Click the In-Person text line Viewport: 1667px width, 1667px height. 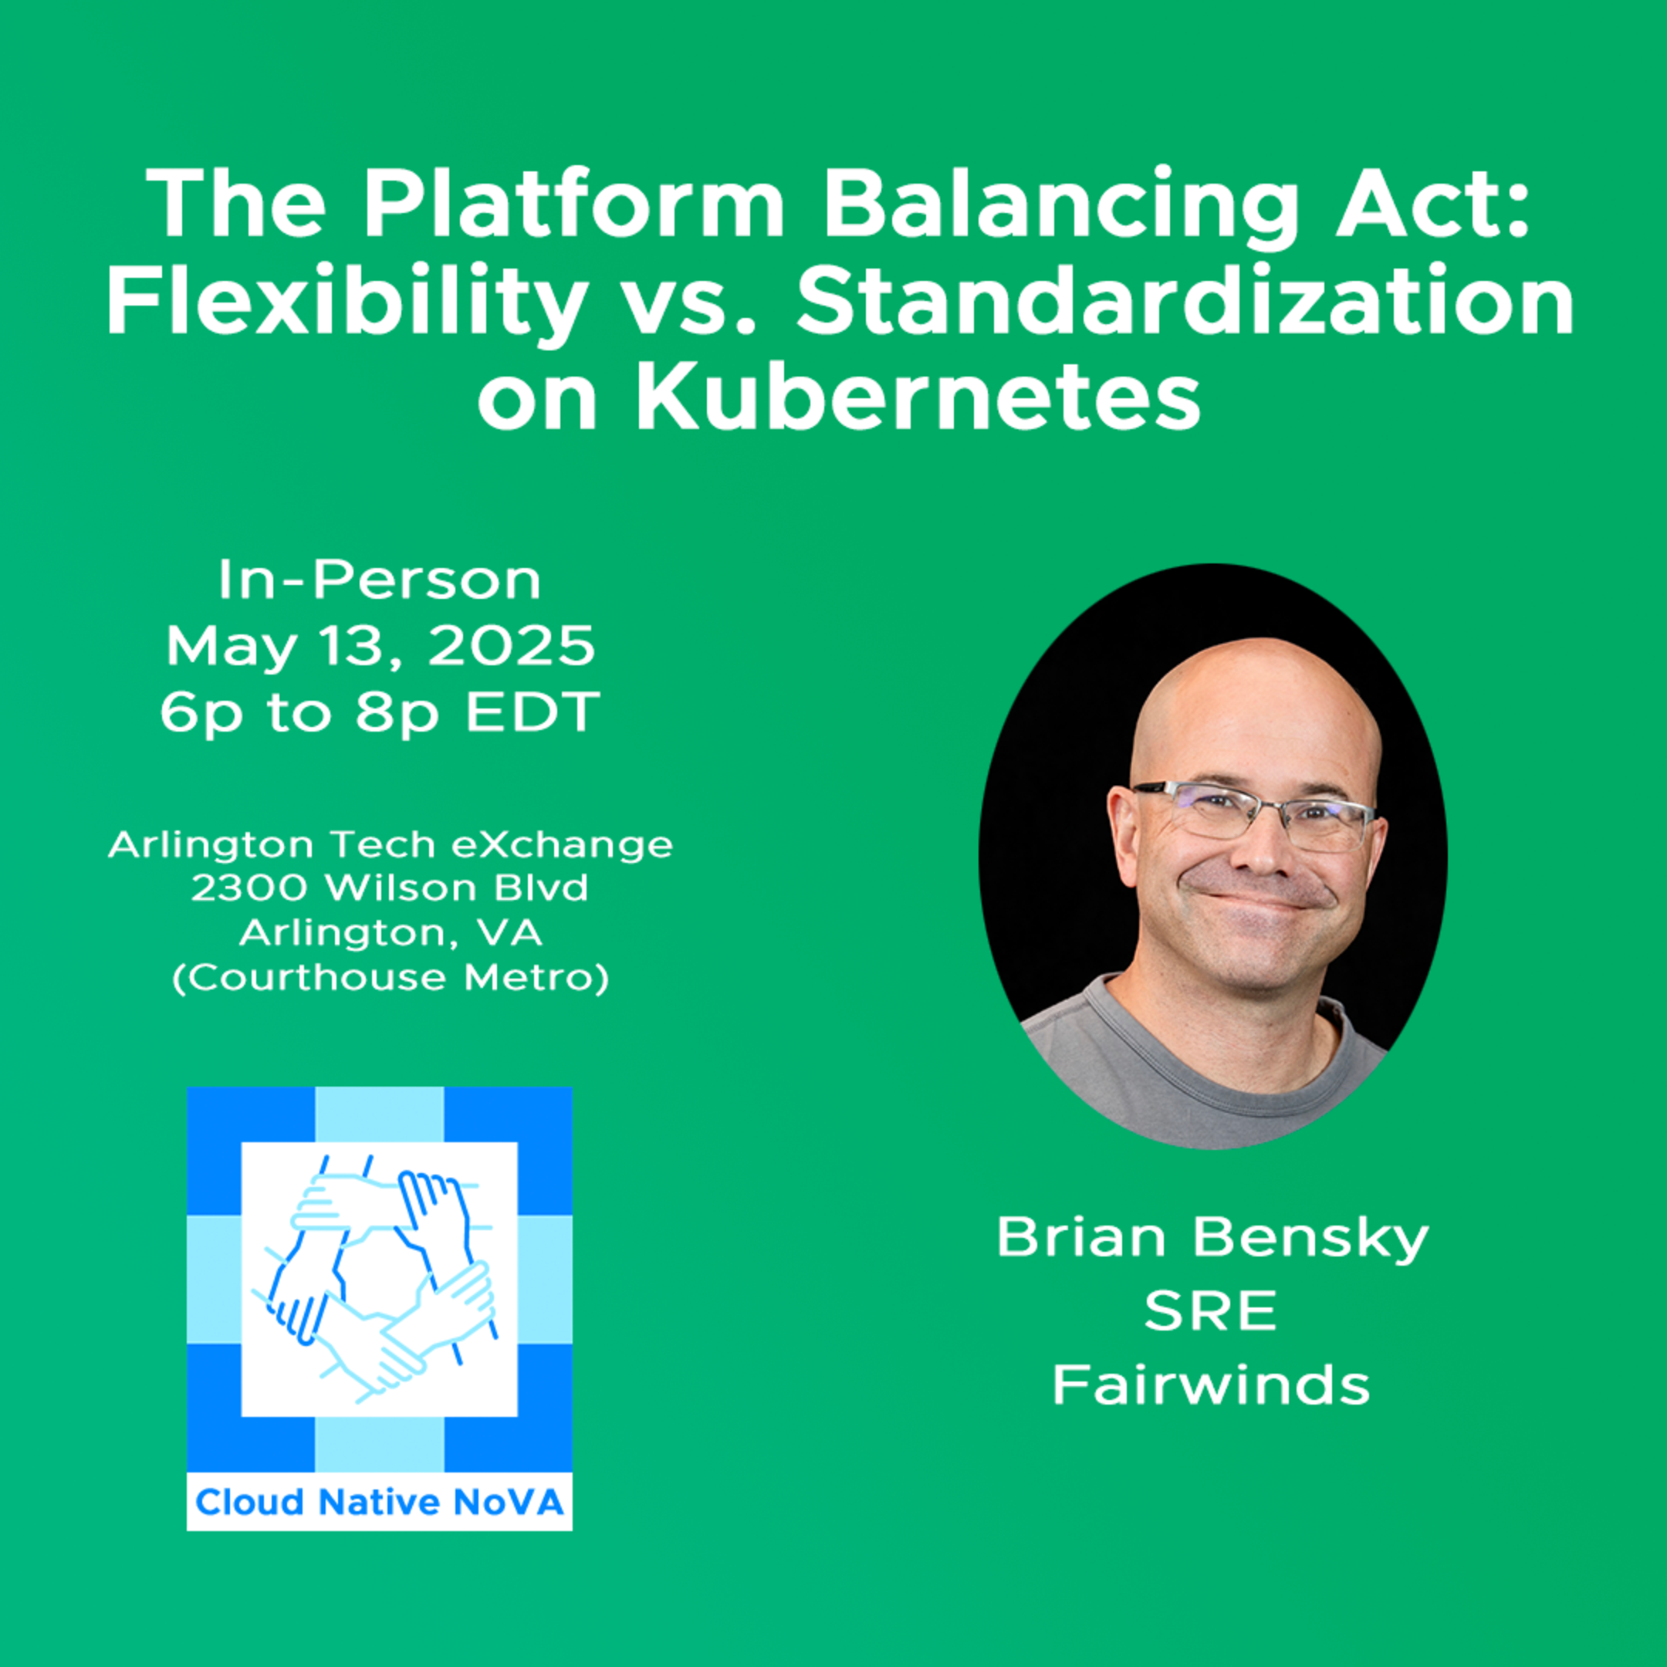click(380, 580)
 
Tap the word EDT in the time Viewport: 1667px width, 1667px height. click(533, 712)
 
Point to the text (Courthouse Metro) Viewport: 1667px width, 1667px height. click(391, 977)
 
